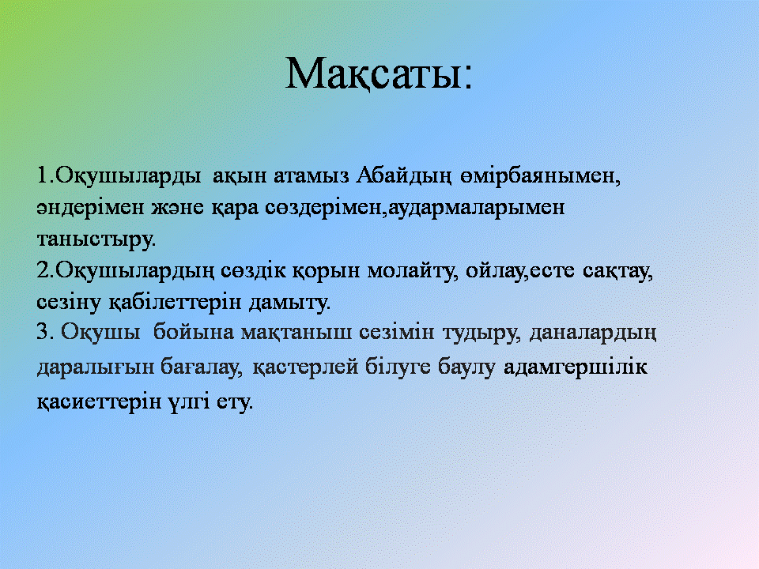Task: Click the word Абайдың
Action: point(404,176)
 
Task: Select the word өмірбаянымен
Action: point(537,176)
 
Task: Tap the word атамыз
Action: point(312,175)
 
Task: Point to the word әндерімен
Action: point(90,208)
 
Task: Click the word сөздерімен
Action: point(323,208)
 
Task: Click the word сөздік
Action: point(253,271)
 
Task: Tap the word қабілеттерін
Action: point(175,303)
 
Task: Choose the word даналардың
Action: point(593,333)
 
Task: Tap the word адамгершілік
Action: point(575,367)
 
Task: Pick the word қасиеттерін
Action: point(99,402)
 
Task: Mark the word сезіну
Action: point(69,303)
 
